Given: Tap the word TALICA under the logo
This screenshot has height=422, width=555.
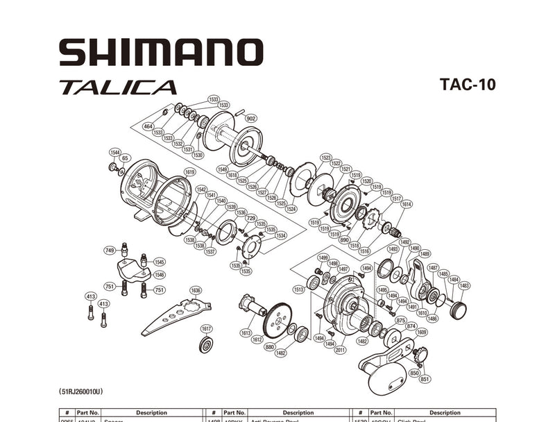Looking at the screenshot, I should point(117,87).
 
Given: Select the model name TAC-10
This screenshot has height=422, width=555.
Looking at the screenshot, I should point(468,85).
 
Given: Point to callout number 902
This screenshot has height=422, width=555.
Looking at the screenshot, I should point(251,119).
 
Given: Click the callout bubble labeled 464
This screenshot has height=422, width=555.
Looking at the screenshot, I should point(148,126).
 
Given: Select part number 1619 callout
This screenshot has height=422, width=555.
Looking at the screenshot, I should point(190,172).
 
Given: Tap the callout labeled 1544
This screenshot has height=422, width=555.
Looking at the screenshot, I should point(115,152).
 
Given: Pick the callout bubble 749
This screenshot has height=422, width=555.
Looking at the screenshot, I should point(109,250).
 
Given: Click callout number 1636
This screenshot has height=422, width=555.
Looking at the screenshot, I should point(196,290).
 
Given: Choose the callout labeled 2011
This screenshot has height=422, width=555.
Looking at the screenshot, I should point(340,351).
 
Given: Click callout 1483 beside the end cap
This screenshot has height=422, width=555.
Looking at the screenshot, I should point(464,285).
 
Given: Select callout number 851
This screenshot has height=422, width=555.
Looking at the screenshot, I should point(425,379).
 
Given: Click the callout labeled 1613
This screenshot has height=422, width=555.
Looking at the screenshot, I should point(246,333).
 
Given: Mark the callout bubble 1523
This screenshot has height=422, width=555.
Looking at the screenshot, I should point(326,158).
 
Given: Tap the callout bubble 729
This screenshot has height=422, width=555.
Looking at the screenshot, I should point(251,218).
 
